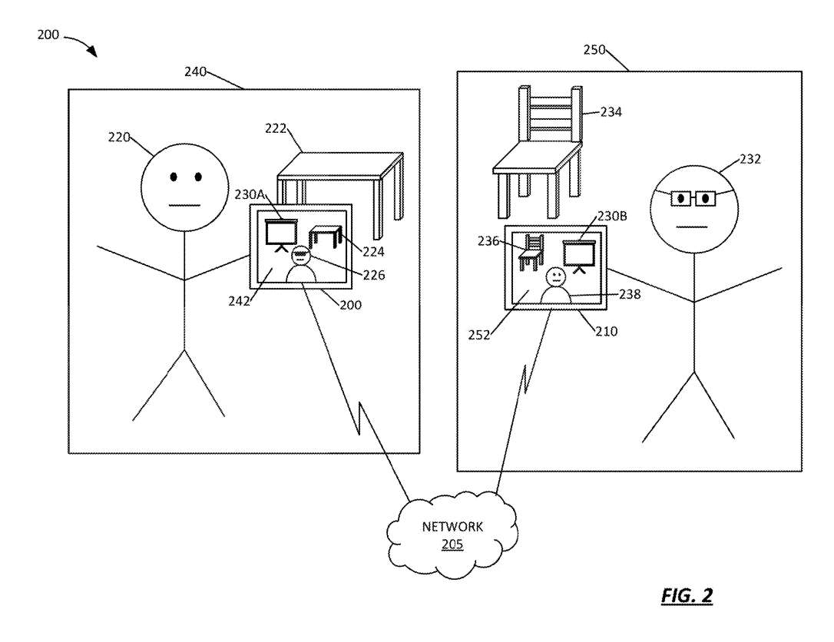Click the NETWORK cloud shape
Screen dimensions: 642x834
(x=452, y=534)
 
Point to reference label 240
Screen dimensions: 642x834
(x=196, y=71)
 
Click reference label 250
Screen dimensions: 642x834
(x=594, y=50)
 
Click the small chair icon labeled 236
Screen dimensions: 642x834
(x=531, y=253)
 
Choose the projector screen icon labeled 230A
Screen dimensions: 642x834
(x=280, y=234)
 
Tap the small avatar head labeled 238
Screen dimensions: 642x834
(x=554, y=277)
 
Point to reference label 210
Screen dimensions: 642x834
(x=607, y=332)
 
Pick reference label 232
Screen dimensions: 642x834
(x=750, y=159)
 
